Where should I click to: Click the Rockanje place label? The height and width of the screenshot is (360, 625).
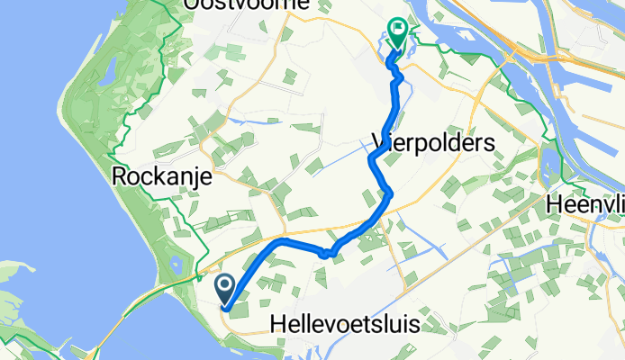162,177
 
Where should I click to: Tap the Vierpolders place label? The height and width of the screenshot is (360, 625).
433,143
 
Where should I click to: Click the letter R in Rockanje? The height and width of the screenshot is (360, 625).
120,177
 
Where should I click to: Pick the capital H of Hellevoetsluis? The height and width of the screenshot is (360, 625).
278,325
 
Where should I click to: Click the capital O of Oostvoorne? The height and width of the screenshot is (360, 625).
191,5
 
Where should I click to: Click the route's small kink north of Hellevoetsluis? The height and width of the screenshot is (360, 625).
327,253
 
